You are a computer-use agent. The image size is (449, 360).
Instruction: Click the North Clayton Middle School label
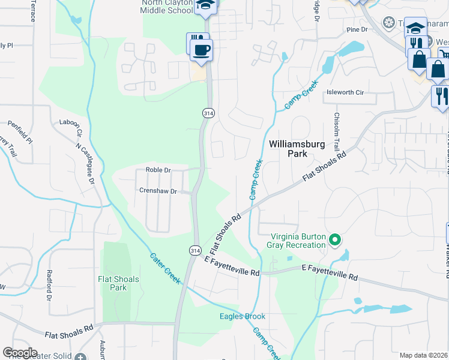[x=167, y=6]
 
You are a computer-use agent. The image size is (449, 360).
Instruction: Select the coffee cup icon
[x=202, y=50]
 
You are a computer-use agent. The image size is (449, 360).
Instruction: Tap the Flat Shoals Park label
[x=119, y=283]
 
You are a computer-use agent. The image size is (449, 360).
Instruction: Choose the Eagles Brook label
[x=243, y=316]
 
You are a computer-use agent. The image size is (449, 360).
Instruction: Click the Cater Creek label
[x=164, y=268]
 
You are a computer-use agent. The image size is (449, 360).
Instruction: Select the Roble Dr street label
[x=158, y=170]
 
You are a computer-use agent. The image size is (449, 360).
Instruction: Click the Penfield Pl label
[x=19, y=132]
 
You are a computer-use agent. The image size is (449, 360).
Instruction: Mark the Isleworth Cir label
[x=345, y=92]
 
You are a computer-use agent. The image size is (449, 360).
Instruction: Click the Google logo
[x=20, y=353]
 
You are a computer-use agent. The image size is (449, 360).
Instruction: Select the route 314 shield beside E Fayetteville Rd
[x=194, y=250]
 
